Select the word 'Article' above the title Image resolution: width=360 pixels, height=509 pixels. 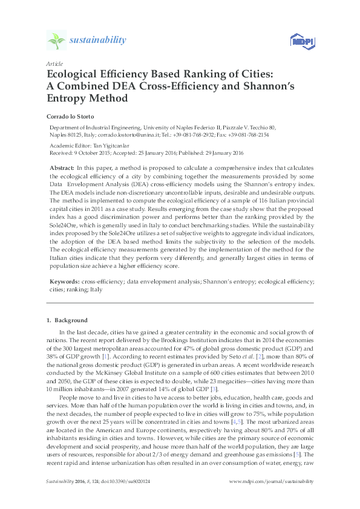coord(54,63)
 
